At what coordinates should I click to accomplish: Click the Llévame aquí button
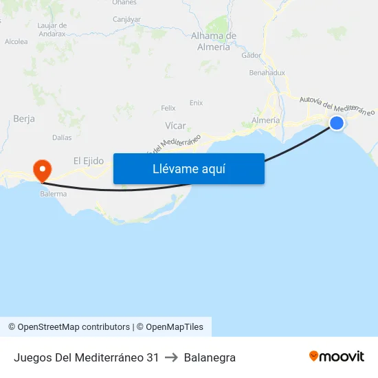click(x=188, y=169)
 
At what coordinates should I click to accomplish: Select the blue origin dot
click(x=337, y=123)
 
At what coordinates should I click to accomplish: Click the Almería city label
click(x=266, y=120)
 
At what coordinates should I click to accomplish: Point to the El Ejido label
click(x=89, y=161)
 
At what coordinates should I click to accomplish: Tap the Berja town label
click(x=24, y=119)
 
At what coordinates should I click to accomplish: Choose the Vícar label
click(x=175, y=126)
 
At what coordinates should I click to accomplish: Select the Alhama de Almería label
click(x=214, y=41)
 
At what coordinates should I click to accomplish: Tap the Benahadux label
click(x=267, y=71)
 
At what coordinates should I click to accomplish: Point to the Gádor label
click(x=252, y=56)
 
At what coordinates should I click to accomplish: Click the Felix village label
click(x=168, y=108)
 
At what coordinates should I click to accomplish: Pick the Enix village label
click(x=196, y=102)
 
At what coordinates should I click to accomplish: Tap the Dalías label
click(x=62, y=137)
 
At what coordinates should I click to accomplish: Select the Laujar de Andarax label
click(x=48, y=29)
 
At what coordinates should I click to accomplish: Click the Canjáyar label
click(x=126, y=19)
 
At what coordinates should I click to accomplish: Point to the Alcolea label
click(x=16, y=41)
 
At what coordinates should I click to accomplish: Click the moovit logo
click(x=337, y=357)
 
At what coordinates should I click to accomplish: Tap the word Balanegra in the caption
click(x=210, y=357)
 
